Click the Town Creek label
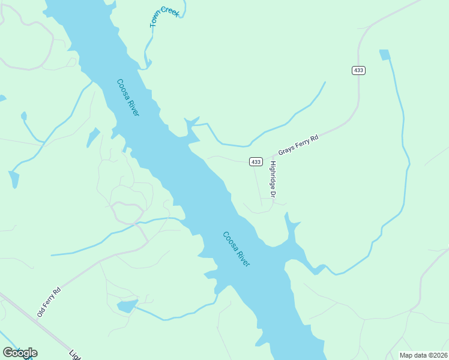(163, 16)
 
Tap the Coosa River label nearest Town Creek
(128, 97)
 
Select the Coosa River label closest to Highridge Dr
(236, 249)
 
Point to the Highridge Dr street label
(273, 179)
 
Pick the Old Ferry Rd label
(49, 302)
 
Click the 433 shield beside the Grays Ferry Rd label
(256, 162)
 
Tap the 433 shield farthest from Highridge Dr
(358, 70)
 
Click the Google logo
(20, 352)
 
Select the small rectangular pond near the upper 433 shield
(384, 55)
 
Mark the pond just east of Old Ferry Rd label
(127, 307)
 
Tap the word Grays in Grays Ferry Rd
(286, 151)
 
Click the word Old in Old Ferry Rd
(41, 311)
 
